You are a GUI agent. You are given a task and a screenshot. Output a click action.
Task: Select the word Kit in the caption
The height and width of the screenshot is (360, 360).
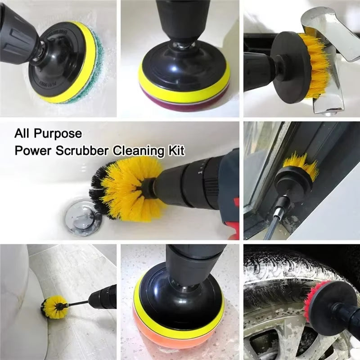[x=177, y=150]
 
